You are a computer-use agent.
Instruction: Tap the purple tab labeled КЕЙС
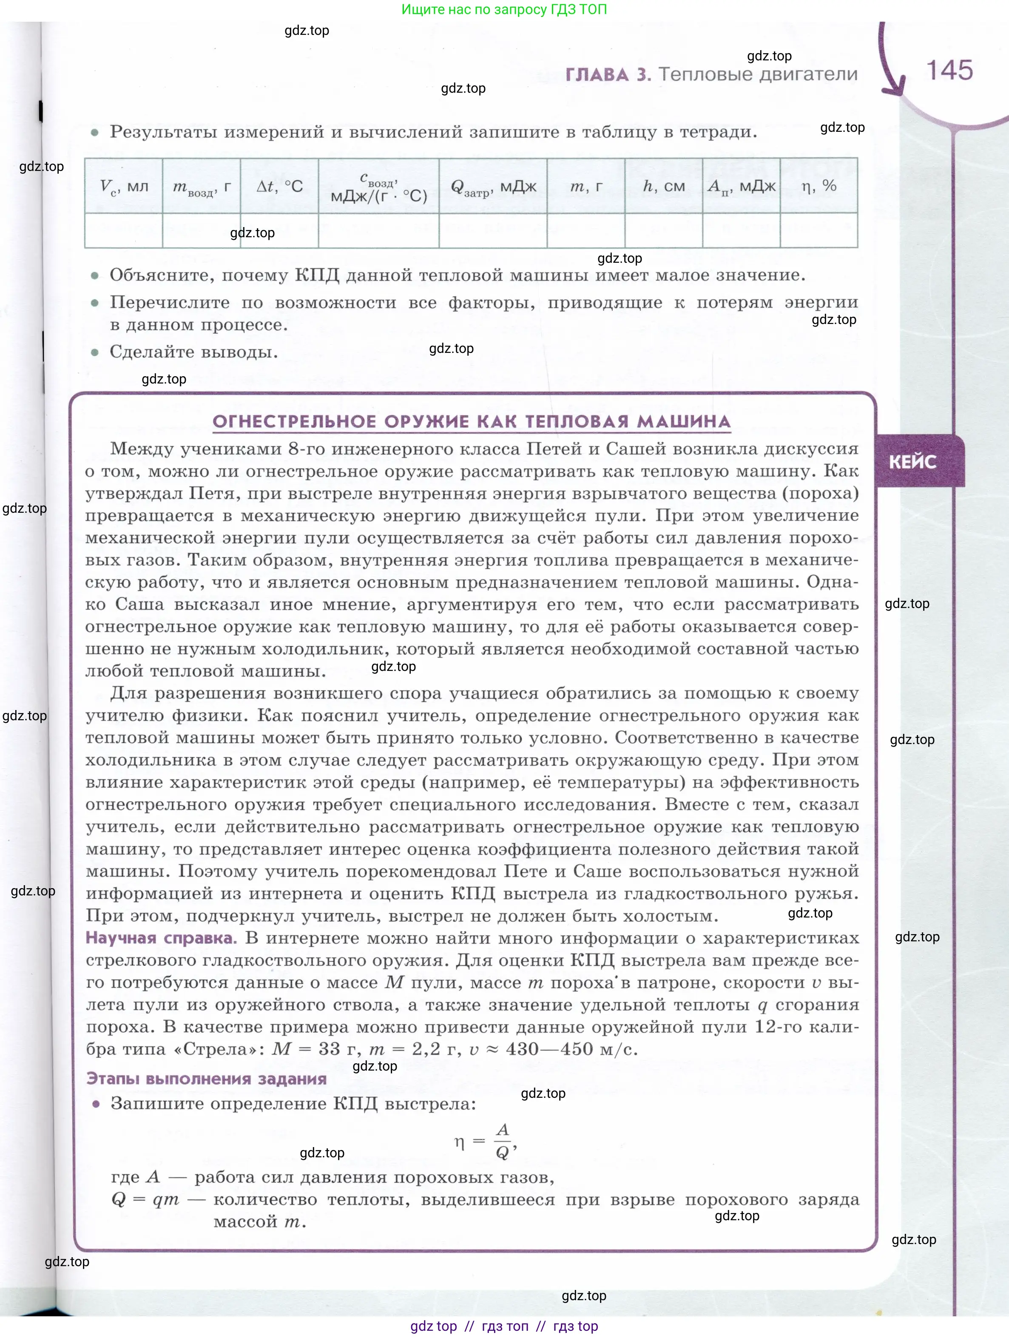click(912, 462)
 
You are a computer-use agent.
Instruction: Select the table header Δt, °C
click(279, 186)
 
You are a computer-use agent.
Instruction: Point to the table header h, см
click(664, 186)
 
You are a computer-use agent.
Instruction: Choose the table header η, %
click(819, 186)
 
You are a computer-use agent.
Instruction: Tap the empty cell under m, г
click(586, 230)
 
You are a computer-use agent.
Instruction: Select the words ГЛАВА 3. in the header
click(608, 74)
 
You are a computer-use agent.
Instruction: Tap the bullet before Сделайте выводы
click(94, 352)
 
